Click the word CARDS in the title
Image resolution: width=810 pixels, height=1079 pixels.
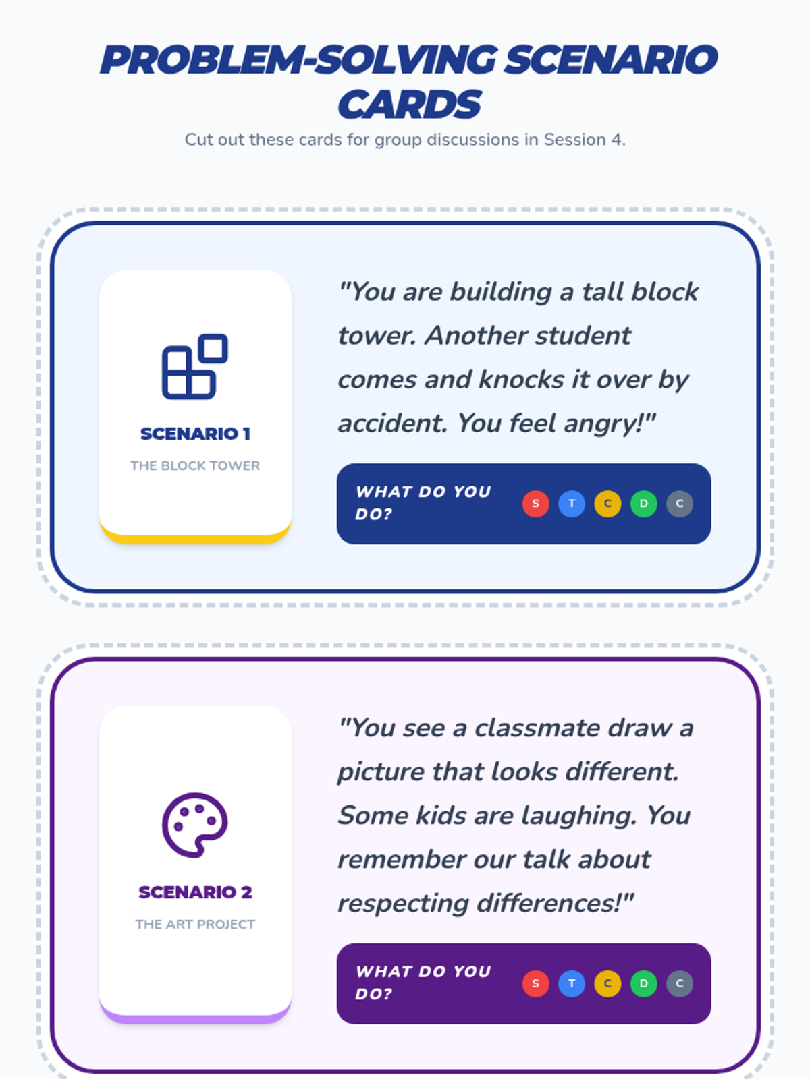[x=409, y=105]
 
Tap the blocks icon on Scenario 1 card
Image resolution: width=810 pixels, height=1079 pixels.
[x=195, y=367]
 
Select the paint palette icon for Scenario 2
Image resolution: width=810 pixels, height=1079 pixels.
[x=195, y=825]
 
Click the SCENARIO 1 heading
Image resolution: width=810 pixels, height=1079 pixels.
[x=195, y=434]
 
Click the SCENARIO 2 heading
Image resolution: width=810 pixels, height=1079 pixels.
[x=195, y=892]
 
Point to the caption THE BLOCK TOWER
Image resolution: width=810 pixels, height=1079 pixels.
[x=195, y=465]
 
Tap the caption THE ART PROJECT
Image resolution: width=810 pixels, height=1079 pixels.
[x=195, y=924]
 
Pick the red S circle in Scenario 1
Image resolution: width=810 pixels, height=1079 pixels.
[x=536, y=504]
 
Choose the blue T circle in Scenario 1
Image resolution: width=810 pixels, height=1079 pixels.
[x=572, y=504]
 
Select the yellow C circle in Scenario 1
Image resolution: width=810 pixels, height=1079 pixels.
[x=607, y=504]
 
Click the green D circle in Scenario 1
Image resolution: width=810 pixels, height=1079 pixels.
[x=644, y=504]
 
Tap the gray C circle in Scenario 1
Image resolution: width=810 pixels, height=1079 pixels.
[x=680, y=504]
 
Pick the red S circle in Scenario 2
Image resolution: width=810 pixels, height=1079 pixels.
[x=536, y=984]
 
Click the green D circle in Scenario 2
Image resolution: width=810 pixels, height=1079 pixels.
[x=644, y=984]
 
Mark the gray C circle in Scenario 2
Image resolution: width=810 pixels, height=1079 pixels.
[x=680, y=984]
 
